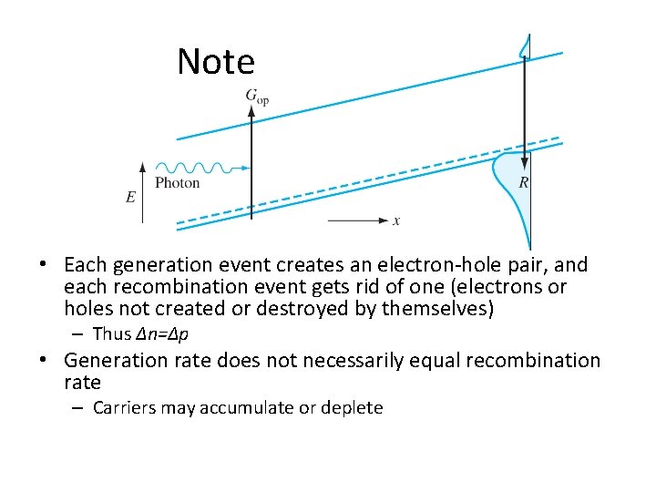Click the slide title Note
216,62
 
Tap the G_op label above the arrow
257,96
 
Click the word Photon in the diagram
178,183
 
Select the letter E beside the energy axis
131,196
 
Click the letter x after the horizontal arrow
396,220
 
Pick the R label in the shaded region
524,183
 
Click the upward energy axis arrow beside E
143,191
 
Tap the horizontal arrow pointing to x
357,220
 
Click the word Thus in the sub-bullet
112,334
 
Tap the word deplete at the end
350,407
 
